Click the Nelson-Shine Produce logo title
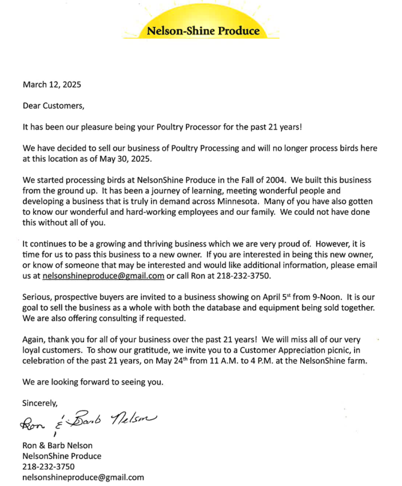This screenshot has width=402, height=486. [203, 31]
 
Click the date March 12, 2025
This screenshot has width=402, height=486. [52, 85]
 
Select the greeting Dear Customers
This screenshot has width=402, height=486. [53, 106]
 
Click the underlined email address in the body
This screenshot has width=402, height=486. [104, 276]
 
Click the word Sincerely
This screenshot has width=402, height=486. [40, 402]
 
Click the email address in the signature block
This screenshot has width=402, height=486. [83, 477]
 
